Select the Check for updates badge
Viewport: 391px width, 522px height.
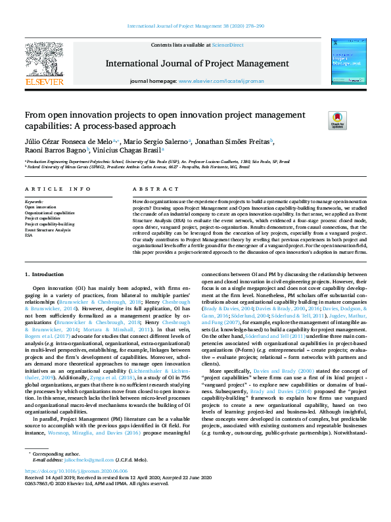pyautogui.click(x=319, y=120)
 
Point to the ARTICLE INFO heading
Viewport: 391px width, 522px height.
pyautogui.click(x=58, y=189)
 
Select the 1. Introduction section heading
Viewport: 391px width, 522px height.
pyautogui.click(x=44, y=273)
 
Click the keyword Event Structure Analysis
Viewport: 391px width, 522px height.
pyautogui.click(x=48, y=229)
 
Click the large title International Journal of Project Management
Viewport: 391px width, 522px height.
pyautogui.click(x=197, y=64)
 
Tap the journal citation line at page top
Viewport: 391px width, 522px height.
pyautogui.click(x=195, y=26)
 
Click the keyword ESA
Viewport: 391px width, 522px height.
pyautogui.click(x=29, y=235)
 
